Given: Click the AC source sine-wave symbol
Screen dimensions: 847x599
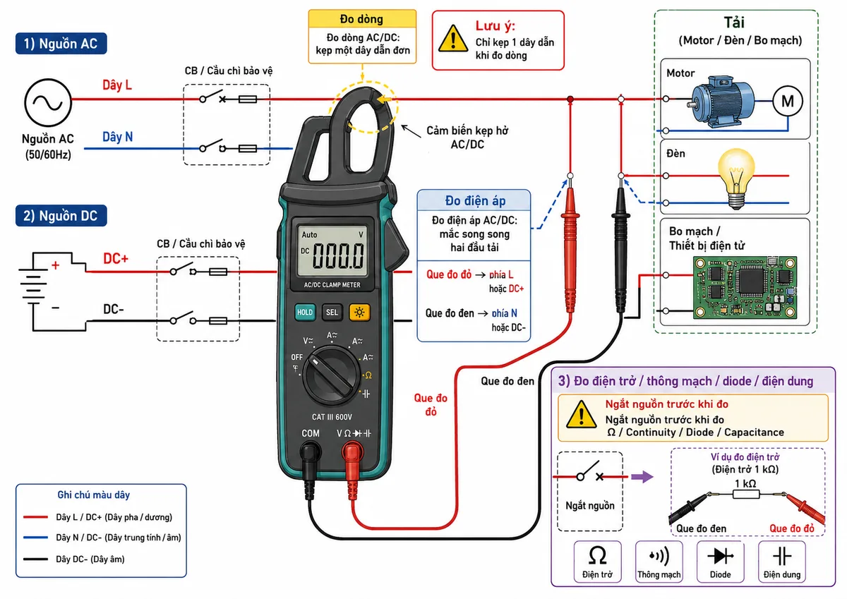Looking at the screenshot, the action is (48, 102).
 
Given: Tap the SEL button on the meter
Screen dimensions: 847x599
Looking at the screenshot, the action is (332, 312).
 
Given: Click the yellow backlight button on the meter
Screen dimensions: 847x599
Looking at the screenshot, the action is (359, 312).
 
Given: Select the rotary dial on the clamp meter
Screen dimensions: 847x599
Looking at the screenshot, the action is (332, 375).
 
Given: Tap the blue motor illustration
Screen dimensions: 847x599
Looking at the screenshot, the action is (721, 102).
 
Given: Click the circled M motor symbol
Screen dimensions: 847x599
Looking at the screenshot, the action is (788, 101).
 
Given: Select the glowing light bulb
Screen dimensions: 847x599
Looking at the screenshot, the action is (735, 178).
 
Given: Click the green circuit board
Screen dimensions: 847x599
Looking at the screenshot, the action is (745, 288).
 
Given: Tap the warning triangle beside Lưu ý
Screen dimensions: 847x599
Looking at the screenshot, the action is (453, 38).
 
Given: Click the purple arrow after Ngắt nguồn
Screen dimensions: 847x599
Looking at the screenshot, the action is (642, 476).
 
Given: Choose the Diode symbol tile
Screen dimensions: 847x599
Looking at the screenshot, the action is (721, 561).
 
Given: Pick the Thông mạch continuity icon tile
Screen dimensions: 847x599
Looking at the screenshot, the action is (659, 561).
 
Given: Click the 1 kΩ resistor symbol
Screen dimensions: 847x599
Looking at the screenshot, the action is (745, 494).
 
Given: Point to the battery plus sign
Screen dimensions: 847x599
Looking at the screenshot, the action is (56, 265).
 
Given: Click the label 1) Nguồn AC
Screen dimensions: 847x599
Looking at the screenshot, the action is (61, 44).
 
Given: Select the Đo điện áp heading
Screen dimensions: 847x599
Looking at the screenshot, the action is (475, 200).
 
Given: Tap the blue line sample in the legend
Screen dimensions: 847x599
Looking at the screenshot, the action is (35, 537).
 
